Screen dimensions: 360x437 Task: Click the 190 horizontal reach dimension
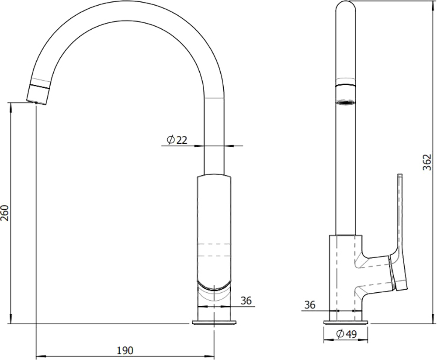click(125, 350)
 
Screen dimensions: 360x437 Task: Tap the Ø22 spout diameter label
click(177, 140)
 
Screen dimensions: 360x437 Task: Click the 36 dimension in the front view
click(246, 301)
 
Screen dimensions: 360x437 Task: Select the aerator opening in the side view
click(346, 103)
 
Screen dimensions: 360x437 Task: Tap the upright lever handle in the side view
click(400, 210)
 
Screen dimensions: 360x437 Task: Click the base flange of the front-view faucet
click(214, 323)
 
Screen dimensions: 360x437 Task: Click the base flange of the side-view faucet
click(346, 323)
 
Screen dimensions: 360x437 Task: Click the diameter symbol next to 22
click(170, 140)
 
